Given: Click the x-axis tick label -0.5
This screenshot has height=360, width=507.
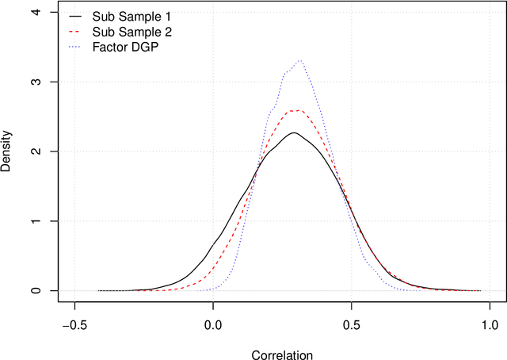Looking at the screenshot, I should (x=74, y=324).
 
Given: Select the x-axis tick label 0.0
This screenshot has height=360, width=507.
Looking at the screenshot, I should (x=212, y=324).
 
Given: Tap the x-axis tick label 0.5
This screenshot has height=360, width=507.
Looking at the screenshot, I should (x=351, y=324).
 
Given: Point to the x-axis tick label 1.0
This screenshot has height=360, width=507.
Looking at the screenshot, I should (x=489, y=324).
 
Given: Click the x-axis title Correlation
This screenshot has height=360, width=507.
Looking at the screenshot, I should (x=281, y=353).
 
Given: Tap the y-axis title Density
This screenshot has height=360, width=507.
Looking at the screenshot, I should (x=8, y=151).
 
